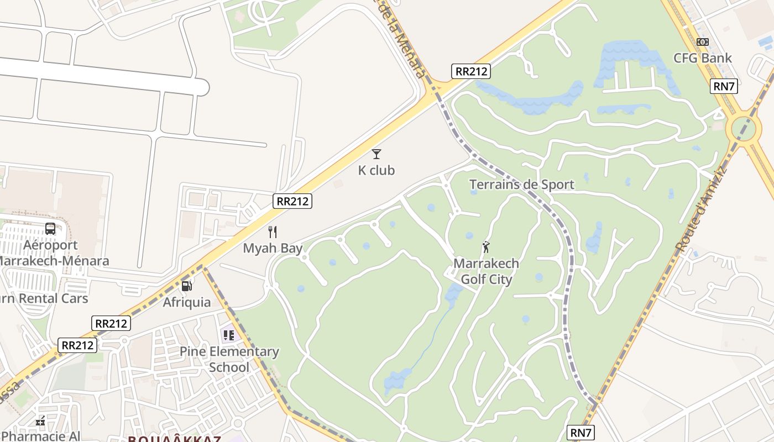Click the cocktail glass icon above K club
click(376, 154)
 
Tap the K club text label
click(376, 170)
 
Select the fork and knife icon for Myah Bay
click(273, 232)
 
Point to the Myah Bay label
click(273, 248)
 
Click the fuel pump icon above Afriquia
click(187, 286)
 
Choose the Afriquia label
click(187, 302)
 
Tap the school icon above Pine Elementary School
click(228, 335)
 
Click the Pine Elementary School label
click(229, 359)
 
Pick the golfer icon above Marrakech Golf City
click(486, 247)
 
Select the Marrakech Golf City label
click(486, 271)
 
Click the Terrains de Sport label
click(521, 185)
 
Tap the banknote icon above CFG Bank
click(703, 42)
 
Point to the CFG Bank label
click(702, 58)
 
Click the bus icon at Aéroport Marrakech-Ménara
click(50, 229)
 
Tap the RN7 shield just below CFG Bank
click(725, 86)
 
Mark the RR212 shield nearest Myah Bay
click(292, 201)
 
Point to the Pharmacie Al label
click(41, 436)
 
